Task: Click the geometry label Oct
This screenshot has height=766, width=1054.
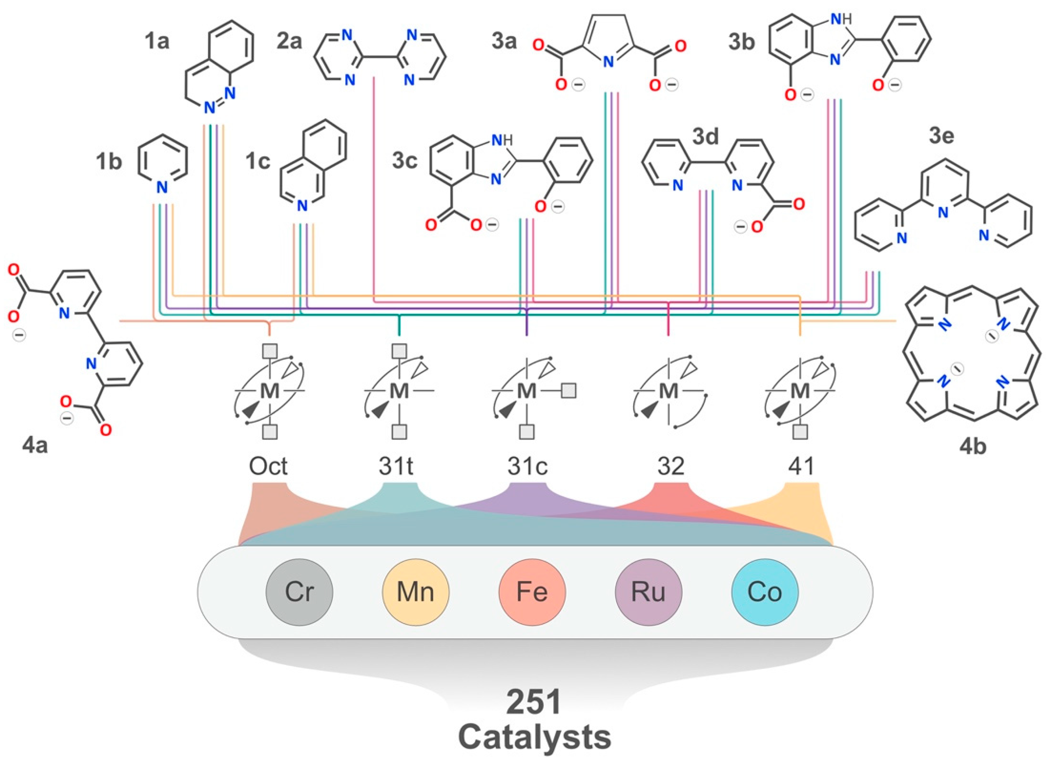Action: pos(269,466)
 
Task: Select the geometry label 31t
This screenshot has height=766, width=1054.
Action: pos(396,466)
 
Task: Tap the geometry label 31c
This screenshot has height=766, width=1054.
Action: pos(527,466)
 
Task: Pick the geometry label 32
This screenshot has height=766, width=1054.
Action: pos(671,466)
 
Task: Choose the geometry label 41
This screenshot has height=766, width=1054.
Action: pos(802,466)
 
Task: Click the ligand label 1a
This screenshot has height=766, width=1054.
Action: pos(157,42)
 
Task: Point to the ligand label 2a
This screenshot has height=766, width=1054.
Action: pos(289,42)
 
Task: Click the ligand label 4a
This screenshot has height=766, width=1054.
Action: pos(35,446)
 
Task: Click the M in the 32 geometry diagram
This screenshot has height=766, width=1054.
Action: pos(669,391)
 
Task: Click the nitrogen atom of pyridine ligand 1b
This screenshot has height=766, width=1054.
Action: pos(162,187)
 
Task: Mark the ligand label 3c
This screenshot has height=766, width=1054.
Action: pos(404,161)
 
